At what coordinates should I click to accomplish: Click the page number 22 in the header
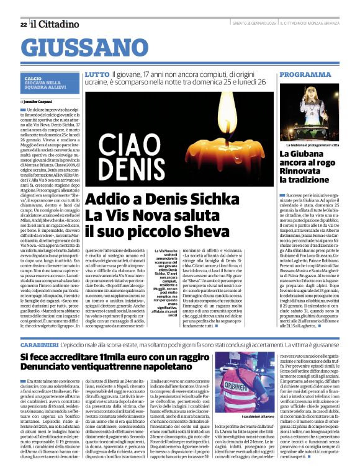click(x=23, y=24)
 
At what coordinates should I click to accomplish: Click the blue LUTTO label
click(x=97, y=74)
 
